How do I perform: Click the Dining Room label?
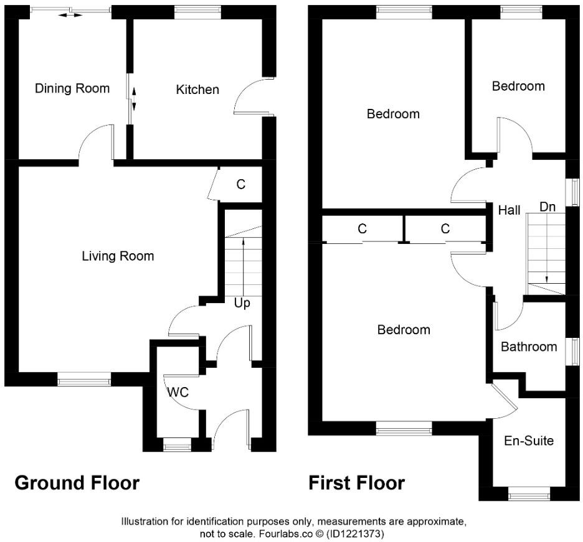click(72, 88)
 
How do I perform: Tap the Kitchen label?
click(197, 90)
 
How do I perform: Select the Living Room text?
click(118, 256)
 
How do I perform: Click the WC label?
click(178, 393)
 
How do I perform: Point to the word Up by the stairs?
click(242, 303)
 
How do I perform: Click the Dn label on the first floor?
click(547, 207)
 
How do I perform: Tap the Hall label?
click(509, 210)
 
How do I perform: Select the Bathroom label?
click(529, 347)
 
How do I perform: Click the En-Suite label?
click(529, 441)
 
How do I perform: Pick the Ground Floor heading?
click(77, 482)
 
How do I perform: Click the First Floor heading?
click(356, 482)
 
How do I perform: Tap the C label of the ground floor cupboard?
click(240, 184)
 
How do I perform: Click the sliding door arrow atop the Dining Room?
click(70, 15)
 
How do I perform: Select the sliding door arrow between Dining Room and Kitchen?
click(133, 98)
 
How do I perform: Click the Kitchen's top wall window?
click(197, 11)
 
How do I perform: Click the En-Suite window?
click(529, 496)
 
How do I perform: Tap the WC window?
click(177, 446)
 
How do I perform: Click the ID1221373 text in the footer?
click(359, 534)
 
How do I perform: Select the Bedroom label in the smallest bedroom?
click(518, 86)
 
